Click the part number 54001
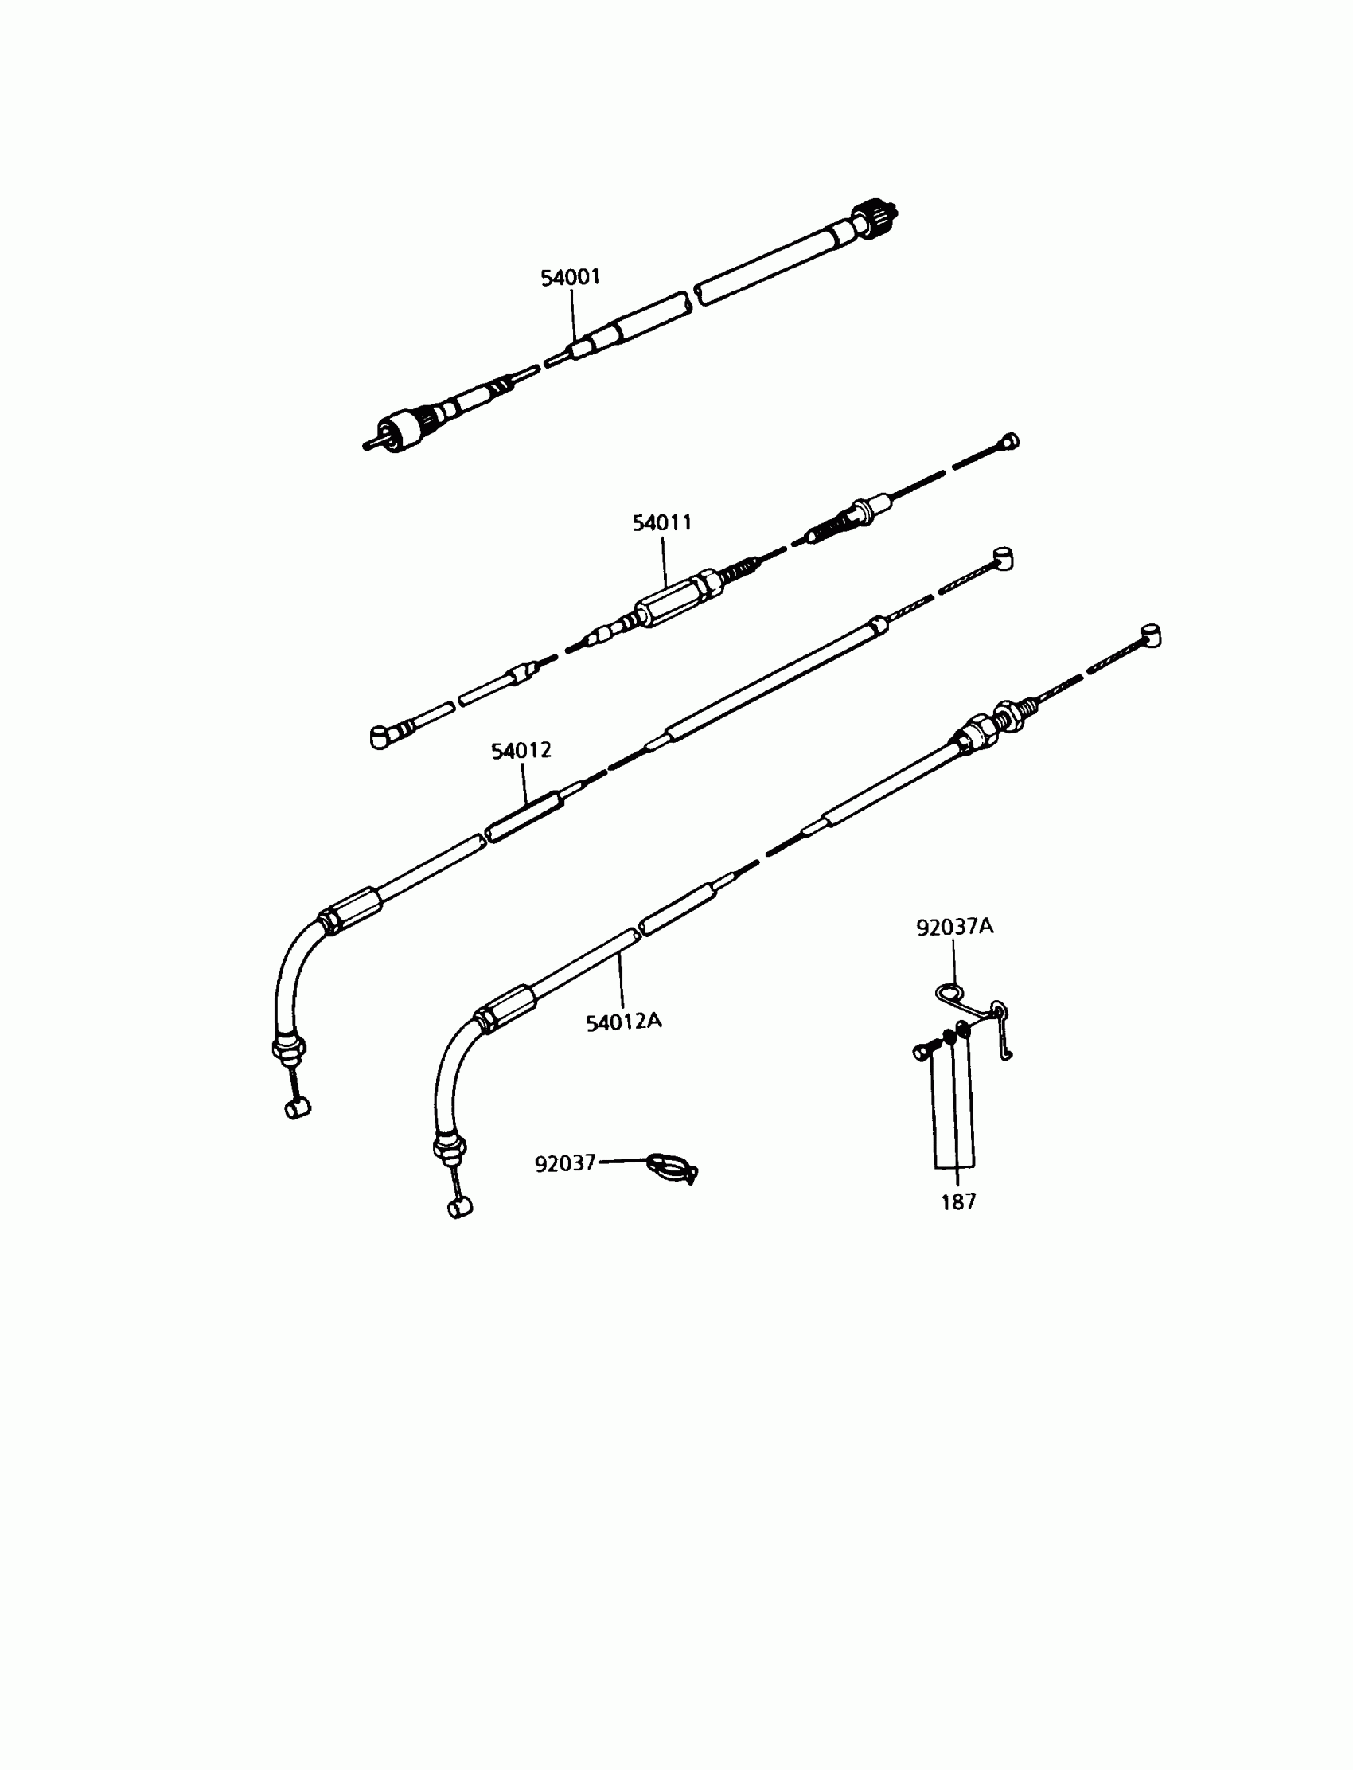coord(570,278)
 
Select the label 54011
coord(662,523)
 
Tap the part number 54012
coord(521,751)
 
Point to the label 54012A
coord(623,1022)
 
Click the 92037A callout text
coord(954,928)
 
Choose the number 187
coord(957,1202)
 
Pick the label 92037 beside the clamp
coord(564,1163)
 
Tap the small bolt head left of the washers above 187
coord(922,1050)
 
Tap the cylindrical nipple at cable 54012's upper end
coord(1004,558)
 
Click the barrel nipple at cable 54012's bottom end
coord(298,1108)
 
